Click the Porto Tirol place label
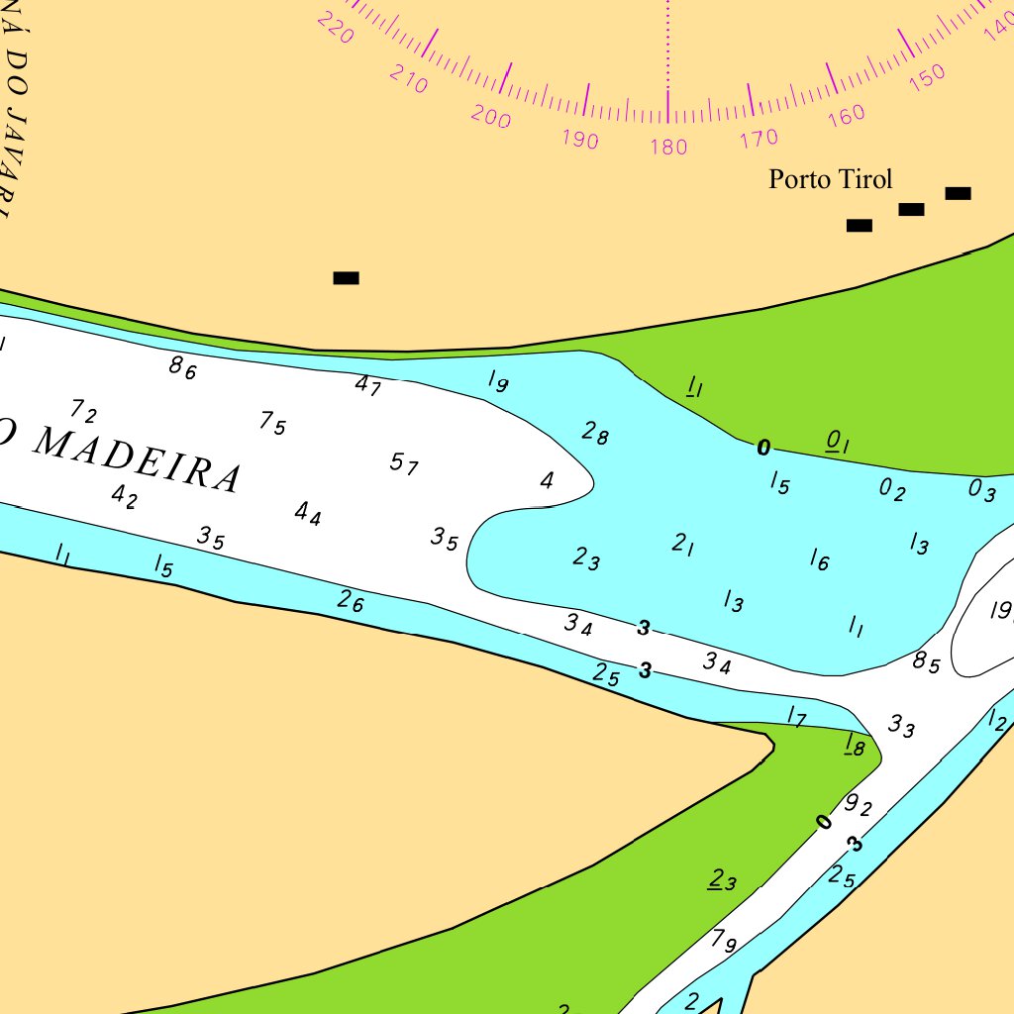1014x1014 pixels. click(x=831, y=179)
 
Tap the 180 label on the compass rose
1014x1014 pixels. click(x=668, y=148)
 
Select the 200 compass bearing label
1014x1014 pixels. click(x=491, y=117)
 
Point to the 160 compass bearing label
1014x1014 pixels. click(x=846, y=115)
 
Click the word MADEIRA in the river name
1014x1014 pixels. click(x=139, y=459)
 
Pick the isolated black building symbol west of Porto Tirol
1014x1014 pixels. click(x=346, y=278)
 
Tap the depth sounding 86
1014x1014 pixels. click(x=183, y=368)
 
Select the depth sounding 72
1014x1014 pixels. click(x=84, y=410)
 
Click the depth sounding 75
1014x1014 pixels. click(x=273, y=423)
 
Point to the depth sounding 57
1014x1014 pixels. click(x=404, y=462)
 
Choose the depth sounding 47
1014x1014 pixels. click(x=368, y=385)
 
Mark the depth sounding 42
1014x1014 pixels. click(x=125, y=496)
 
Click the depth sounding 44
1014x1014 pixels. click(x=308, y=513)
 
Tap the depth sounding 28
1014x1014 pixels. click(x=595, y=433)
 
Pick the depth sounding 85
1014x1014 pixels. click(x=927, y=662)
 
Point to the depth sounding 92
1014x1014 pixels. click(x=859, y=805)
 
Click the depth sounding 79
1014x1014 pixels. click(x=724, y=941)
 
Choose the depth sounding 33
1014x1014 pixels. click(x=902, y=726)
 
